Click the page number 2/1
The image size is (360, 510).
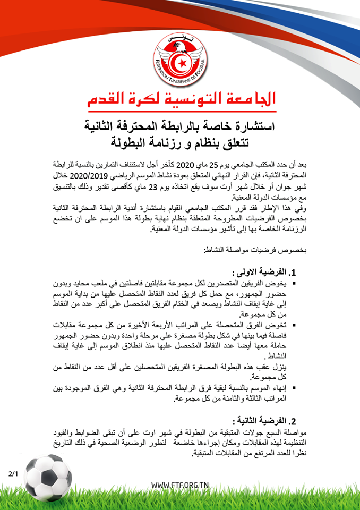[x=13, y=472]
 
